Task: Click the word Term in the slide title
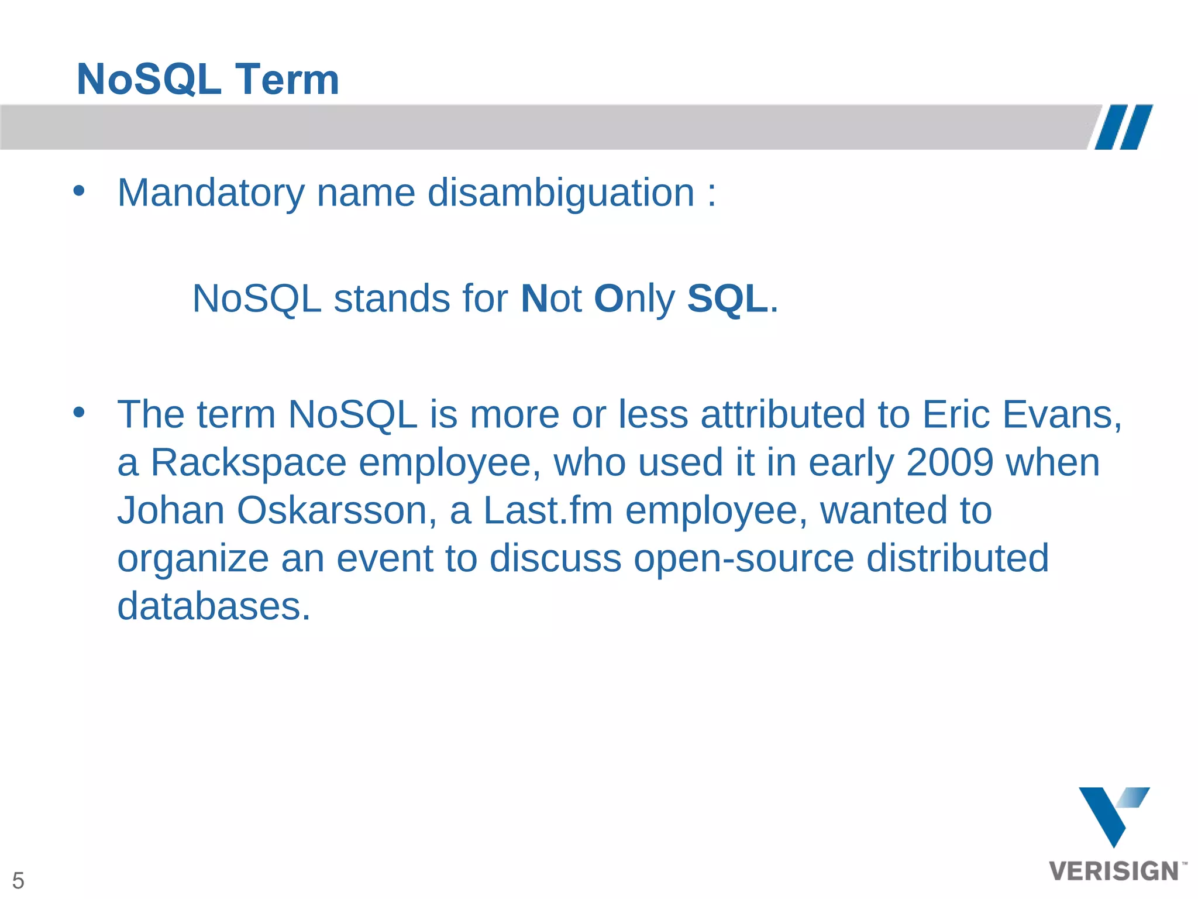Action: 287,80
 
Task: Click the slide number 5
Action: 18,880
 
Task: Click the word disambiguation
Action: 560,193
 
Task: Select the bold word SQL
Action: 727,299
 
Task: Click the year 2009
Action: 949,462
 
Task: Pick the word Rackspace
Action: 249,462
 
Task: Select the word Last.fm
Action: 548,510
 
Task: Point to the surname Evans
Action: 1062,414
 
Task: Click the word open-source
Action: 743,558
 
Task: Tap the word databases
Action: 214,606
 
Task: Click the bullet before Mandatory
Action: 79,191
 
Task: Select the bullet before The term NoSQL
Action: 79,413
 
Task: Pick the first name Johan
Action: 171,510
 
